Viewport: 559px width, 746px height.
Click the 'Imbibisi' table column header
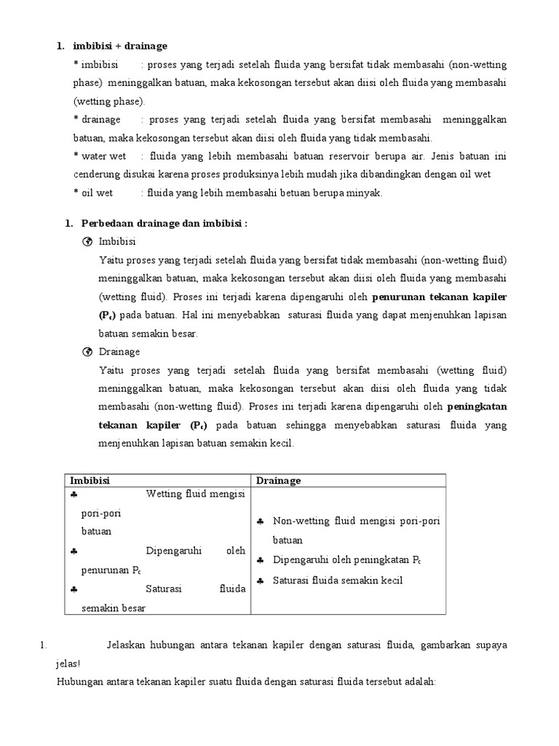(x=90, y=481)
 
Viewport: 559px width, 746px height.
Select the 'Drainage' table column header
(x=279, y=481)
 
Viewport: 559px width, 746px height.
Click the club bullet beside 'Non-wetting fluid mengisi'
(x=261, y=522)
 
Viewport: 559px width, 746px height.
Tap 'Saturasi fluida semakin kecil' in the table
(x=337, y=581)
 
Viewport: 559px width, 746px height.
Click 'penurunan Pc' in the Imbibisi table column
(x=111, y=569)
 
